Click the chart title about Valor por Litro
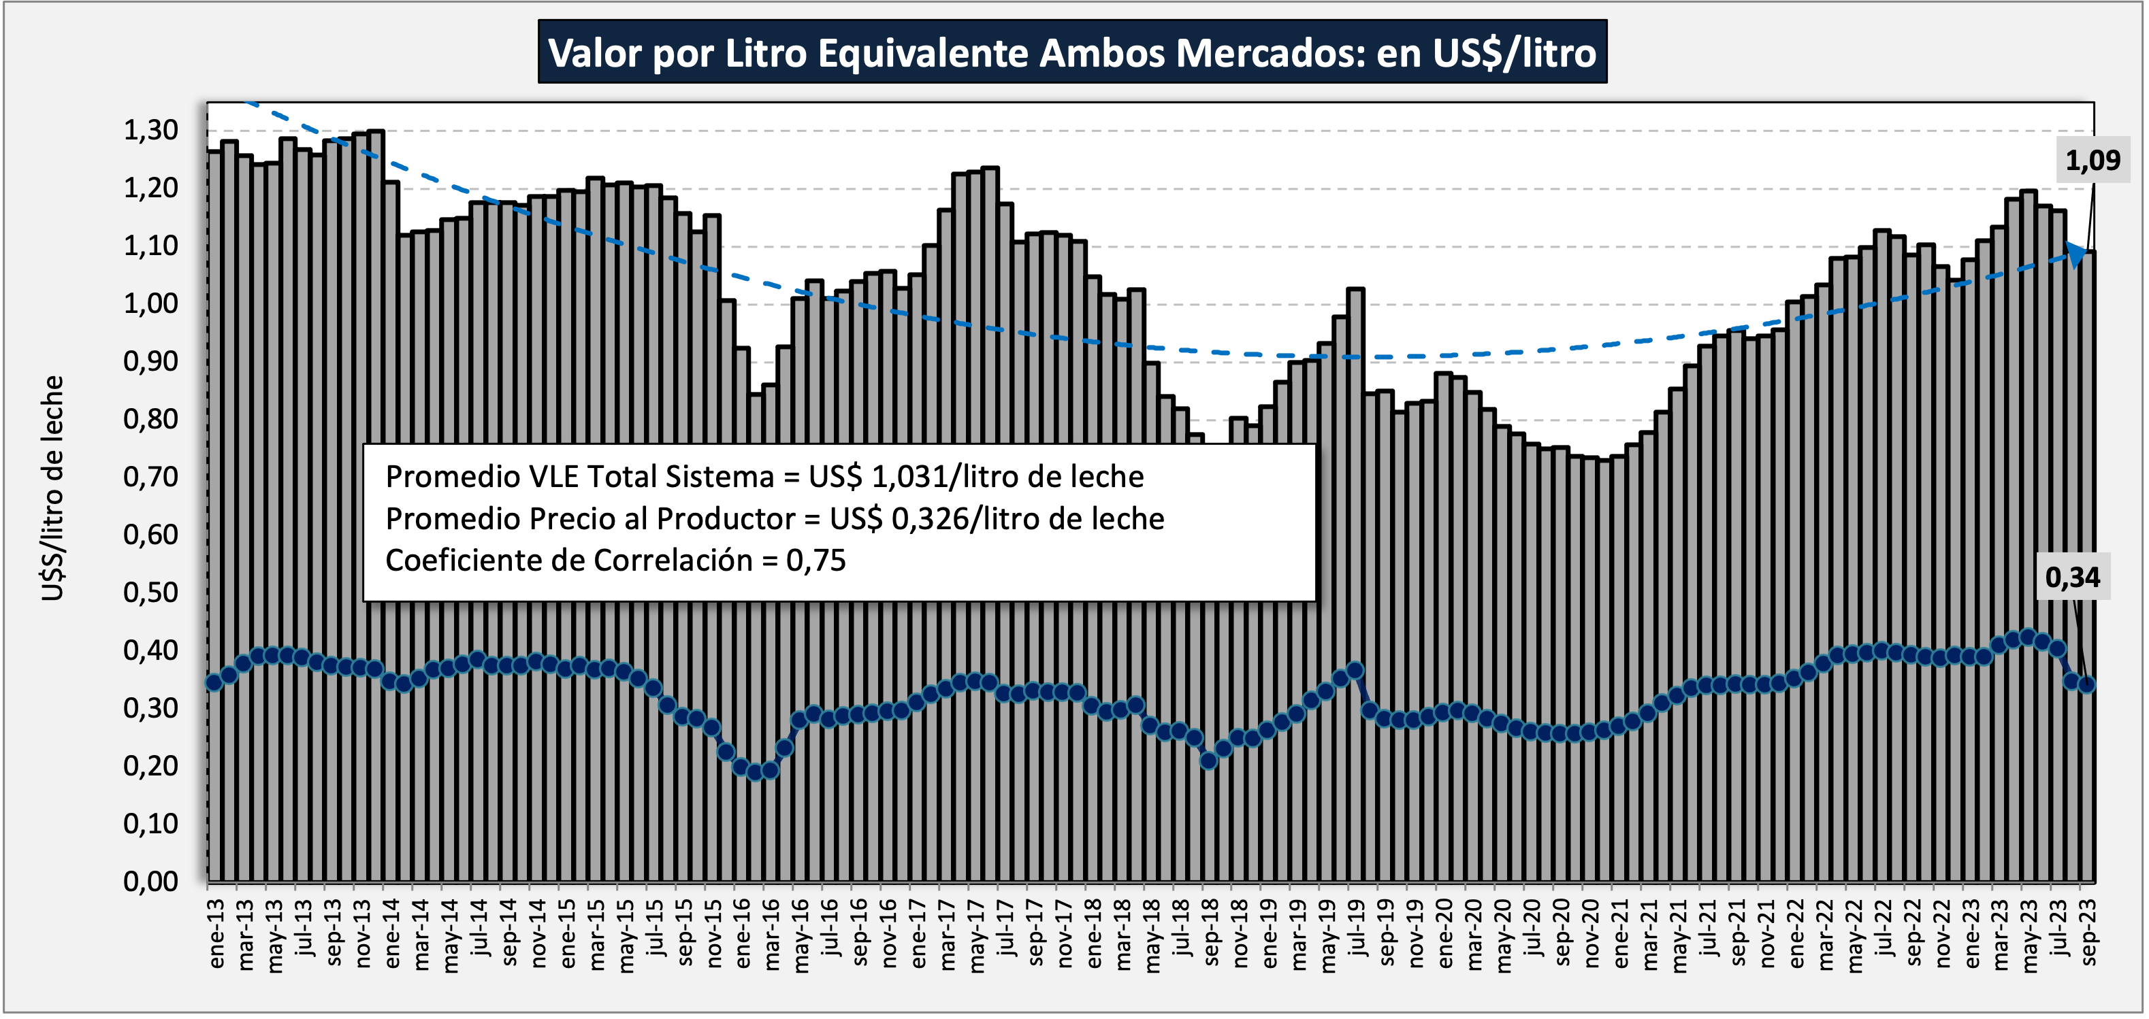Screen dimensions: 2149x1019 pyautogui.click(x=1072, y=52)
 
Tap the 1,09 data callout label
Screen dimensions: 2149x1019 pyautogui.click(x=2093, y=159)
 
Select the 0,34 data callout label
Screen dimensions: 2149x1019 pyautogui.click(x=2072, y=576)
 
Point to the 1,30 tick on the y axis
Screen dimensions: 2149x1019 pyautogui.click(x=151, y=130)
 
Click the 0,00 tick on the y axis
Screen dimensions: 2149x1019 pyautogui.click(x=151, y=881)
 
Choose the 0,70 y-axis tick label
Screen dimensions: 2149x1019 pyautogui.click(x=151, y=477)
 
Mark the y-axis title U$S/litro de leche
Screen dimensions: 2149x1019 pyautogui.click(x=52, y=488)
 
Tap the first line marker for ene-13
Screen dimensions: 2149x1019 pyautogui.click(x=214, y=682)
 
